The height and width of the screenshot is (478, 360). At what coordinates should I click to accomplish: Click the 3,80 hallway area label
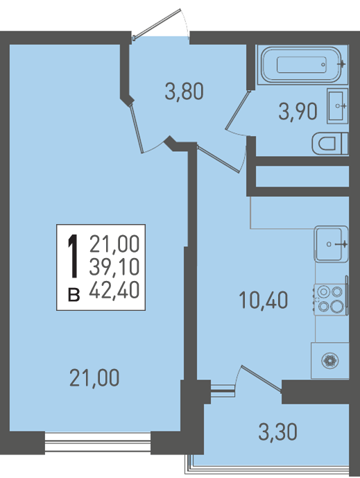(x=184, y=92)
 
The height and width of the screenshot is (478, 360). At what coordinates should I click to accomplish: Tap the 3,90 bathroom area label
(x=298, y=112)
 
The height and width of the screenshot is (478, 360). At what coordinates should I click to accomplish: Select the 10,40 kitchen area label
(x=264, y=300)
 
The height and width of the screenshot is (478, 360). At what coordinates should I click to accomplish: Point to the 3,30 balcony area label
(x=277, y=432)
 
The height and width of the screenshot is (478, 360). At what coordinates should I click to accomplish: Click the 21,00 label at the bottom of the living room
(x=94, y=378)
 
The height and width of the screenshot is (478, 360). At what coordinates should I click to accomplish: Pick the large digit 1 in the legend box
(x=73, y=256)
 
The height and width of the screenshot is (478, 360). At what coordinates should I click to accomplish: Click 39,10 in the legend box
(x=114, y=266)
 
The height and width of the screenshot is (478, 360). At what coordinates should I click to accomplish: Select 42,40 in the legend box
(x=114, y=290)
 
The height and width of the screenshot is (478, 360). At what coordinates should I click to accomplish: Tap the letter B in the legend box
(x=74, y=295)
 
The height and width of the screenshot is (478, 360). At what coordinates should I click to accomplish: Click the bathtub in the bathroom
(x=302, y=65)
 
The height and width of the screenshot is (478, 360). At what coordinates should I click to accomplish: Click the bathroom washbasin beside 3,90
(x=337, y=105)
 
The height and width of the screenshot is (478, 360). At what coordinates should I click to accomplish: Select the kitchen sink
(x=332, y=244)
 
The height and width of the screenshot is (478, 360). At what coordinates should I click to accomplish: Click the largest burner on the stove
(x=337, y=307)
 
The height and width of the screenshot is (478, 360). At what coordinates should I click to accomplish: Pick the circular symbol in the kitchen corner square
(x=329, y=361)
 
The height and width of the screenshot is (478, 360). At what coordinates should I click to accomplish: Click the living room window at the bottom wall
(x=98, y=442)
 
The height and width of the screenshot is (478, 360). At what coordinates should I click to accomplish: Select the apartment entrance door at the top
(x=160, y=24)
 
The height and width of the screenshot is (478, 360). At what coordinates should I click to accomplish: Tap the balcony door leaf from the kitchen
(x=261, y=378)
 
